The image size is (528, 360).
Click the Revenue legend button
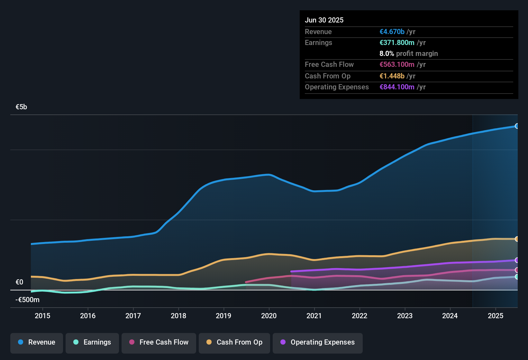pyautogui.click(x=37, y=342)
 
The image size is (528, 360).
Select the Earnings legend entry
pyautogui.click(x=92, y=342)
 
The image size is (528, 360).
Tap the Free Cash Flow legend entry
pyautogui.click(x=159, y=342)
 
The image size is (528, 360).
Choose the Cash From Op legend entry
pyautogui.click(x=234, y=342)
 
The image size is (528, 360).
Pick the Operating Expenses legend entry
pyautogui.click(x=318, y=342)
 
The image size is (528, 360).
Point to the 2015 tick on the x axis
pyautogui.click(x=42, y=316)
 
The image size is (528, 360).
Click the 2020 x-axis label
pyautogui.click(x=269, y=316)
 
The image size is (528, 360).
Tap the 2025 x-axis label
pyautogui.click(x=495, y=316)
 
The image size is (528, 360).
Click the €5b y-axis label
pyautogui.click(x=21, y=107)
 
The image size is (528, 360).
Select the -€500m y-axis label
pyautogui.click(x=28, y=300)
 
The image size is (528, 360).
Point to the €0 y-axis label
pyautogui.click(x=19, y=282)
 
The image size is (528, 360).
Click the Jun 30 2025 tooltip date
pyautogui.click(x=324, y=20)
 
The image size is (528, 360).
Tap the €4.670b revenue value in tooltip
pyautogui.click(x=392, y=32)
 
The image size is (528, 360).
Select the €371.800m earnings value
pyautogui.click(x=397, y=43)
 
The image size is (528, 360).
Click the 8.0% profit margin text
pyautogui.click(x=408, y=54)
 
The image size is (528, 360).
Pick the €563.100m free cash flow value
pyautogui.click(x=397, y=65)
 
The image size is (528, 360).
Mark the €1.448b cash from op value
pyautogui.click(x=392, y=76)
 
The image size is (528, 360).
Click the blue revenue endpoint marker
pyautogui.click(x=517, y=126)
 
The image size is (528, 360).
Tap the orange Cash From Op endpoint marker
pyautogui.click(x=517, y=239)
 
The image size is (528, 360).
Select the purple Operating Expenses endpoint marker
pyautogui.click(x=517, y=260)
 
